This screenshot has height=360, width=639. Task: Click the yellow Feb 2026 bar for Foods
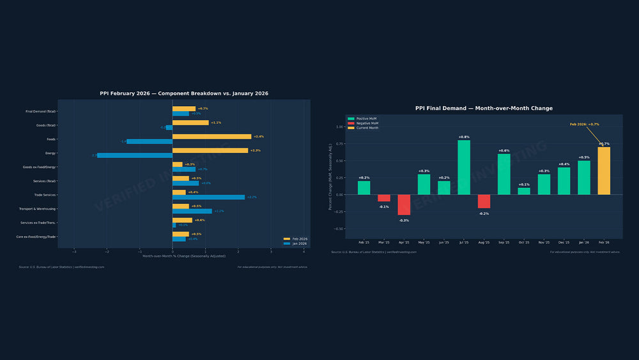(x=212, y=136)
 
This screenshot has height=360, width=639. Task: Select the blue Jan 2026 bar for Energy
(x=134, y=155)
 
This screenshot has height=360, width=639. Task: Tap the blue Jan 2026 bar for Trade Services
(x=208, y=197)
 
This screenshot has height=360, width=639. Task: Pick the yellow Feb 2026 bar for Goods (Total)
(x=190, y=122)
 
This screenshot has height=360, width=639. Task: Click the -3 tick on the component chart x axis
(x=74, y=251)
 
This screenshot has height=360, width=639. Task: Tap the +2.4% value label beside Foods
(x=259, y=136)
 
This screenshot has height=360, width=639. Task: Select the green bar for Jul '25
(x=464, y=167)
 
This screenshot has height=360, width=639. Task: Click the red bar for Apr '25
(x=404, y=205)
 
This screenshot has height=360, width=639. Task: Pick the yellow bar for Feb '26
(x=604, y=171)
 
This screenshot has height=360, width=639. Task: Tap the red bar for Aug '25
(x=484, y=201)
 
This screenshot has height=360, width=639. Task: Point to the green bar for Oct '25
(x=524, y=191)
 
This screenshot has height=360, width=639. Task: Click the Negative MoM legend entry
(x=367, y=123)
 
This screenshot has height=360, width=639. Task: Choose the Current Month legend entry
(x=367, y=128)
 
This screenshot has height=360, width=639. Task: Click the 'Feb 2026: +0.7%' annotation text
(x=584, y=124)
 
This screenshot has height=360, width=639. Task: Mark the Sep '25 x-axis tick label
(x=504, y=243)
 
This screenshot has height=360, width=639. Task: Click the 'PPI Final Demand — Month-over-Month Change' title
(x=484, y=108)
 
